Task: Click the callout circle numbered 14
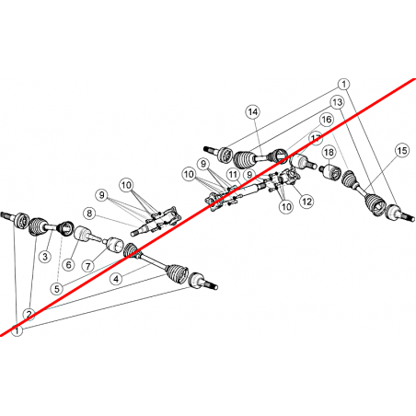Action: coord(253,112)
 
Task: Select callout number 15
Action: coord(402,150)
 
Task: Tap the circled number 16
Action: coord(327,120)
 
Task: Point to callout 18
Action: coord(329,152)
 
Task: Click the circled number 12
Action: coord(306,202)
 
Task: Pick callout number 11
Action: coord(233,175)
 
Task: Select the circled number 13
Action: coord(338,102)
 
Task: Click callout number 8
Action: coord(89,214)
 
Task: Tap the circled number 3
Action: coord(45,256)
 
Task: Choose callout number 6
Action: coord(68,264)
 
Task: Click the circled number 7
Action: coord(88,266)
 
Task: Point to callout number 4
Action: coord(116,279)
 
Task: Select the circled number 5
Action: coord(57,289)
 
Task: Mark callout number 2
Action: coord(29,314)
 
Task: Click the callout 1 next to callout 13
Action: coord(344,84)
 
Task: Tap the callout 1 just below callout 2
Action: coord(17,330)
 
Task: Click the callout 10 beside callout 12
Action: coord(286,206)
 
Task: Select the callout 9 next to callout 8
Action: coord(101,195)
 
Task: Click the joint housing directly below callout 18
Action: coord(330,172)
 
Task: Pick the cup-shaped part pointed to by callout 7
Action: coord(113,244)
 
